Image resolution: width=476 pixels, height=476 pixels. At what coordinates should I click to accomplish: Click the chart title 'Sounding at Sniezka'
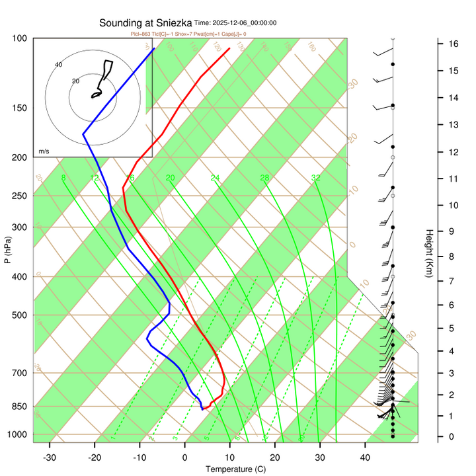(x=145, y=22)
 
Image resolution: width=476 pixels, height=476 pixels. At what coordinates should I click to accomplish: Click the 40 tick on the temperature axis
(x=366, y=457)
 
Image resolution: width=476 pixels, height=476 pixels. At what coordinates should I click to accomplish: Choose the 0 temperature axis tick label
(x=185, y=457)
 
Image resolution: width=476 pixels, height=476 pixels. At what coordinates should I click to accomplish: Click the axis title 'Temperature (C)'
(x=235, y=469)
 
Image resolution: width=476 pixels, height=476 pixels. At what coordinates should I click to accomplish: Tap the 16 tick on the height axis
(x=454, y=44)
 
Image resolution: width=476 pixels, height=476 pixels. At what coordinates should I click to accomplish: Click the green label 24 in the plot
(x=215, y=178)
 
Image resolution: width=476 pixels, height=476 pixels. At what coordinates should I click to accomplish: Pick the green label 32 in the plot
(x=316, y=178)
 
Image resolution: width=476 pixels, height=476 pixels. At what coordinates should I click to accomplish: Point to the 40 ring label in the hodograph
(x=58, y=64)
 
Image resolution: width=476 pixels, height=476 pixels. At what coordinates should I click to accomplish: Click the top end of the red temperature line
(x=229, y=48)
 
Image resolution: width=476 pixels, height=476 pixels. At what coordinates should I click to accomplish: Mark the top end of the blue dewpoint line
(x=154, y=48)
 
